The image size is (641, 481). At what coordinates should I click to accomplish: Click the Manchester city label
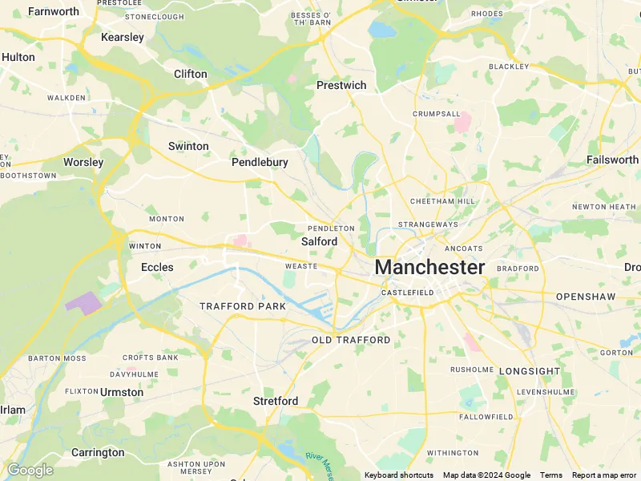pyautogui.click(x=429, y=267)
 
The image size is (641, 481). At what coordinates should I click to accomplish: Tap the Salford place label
pyautogui.click(x=320, y=241)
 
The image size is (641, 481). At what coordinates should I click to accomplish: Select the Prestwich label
pyautogui.click(x=341, y=85)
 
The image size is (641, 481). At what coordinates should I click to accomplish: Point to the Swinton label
pyautogui.click(x=188, y=146)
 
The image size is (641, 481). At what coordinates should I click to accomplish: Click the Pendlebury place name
pyautogui.click(x=260, y=162)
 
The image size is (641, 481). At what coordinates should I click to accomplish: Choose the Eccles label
pyautogui.click(x=157, y=267)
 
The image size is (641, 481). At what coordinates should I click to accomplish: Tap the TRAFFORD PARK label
pyautogui.click(x=243, y=306)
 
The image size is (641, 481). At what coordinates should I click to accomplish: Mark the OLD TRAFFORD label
pyautogui.click(x=351, y=340)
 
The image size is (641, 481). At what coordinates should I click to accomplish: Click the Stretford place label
pyautogui.click(x=276, y=400)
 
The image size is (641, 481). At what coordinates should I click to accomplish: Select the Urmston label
pyautogui.click(x=122, y=392)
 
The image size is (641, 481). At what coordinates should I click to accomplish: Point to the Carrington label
pyautogui.click(x=98, y=452)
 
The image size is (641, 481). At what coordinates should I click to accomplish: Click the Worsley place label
pyautogui.click(x=83, y=162)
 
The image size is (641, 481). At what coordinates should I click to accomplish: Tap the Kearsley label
pyautogui.click(x=123, y=37)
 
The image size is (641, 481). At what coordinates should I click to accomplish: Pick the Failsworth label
pyautogui.click(x=613, y=160)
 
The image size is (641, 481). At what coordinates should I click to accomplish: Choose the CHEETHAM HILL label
pyautogui.click(x=443, y=201)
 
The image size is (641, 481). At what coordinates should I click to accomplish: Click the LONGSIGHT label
pyautogui.click(x=530, y=371)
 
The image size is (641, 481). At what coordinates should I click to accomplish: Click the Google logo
pyautogui.click(x=30, y=470)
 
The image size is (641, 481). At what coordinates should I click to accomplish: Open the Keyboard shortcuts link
pyautogui.click(x=399, y=475)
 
